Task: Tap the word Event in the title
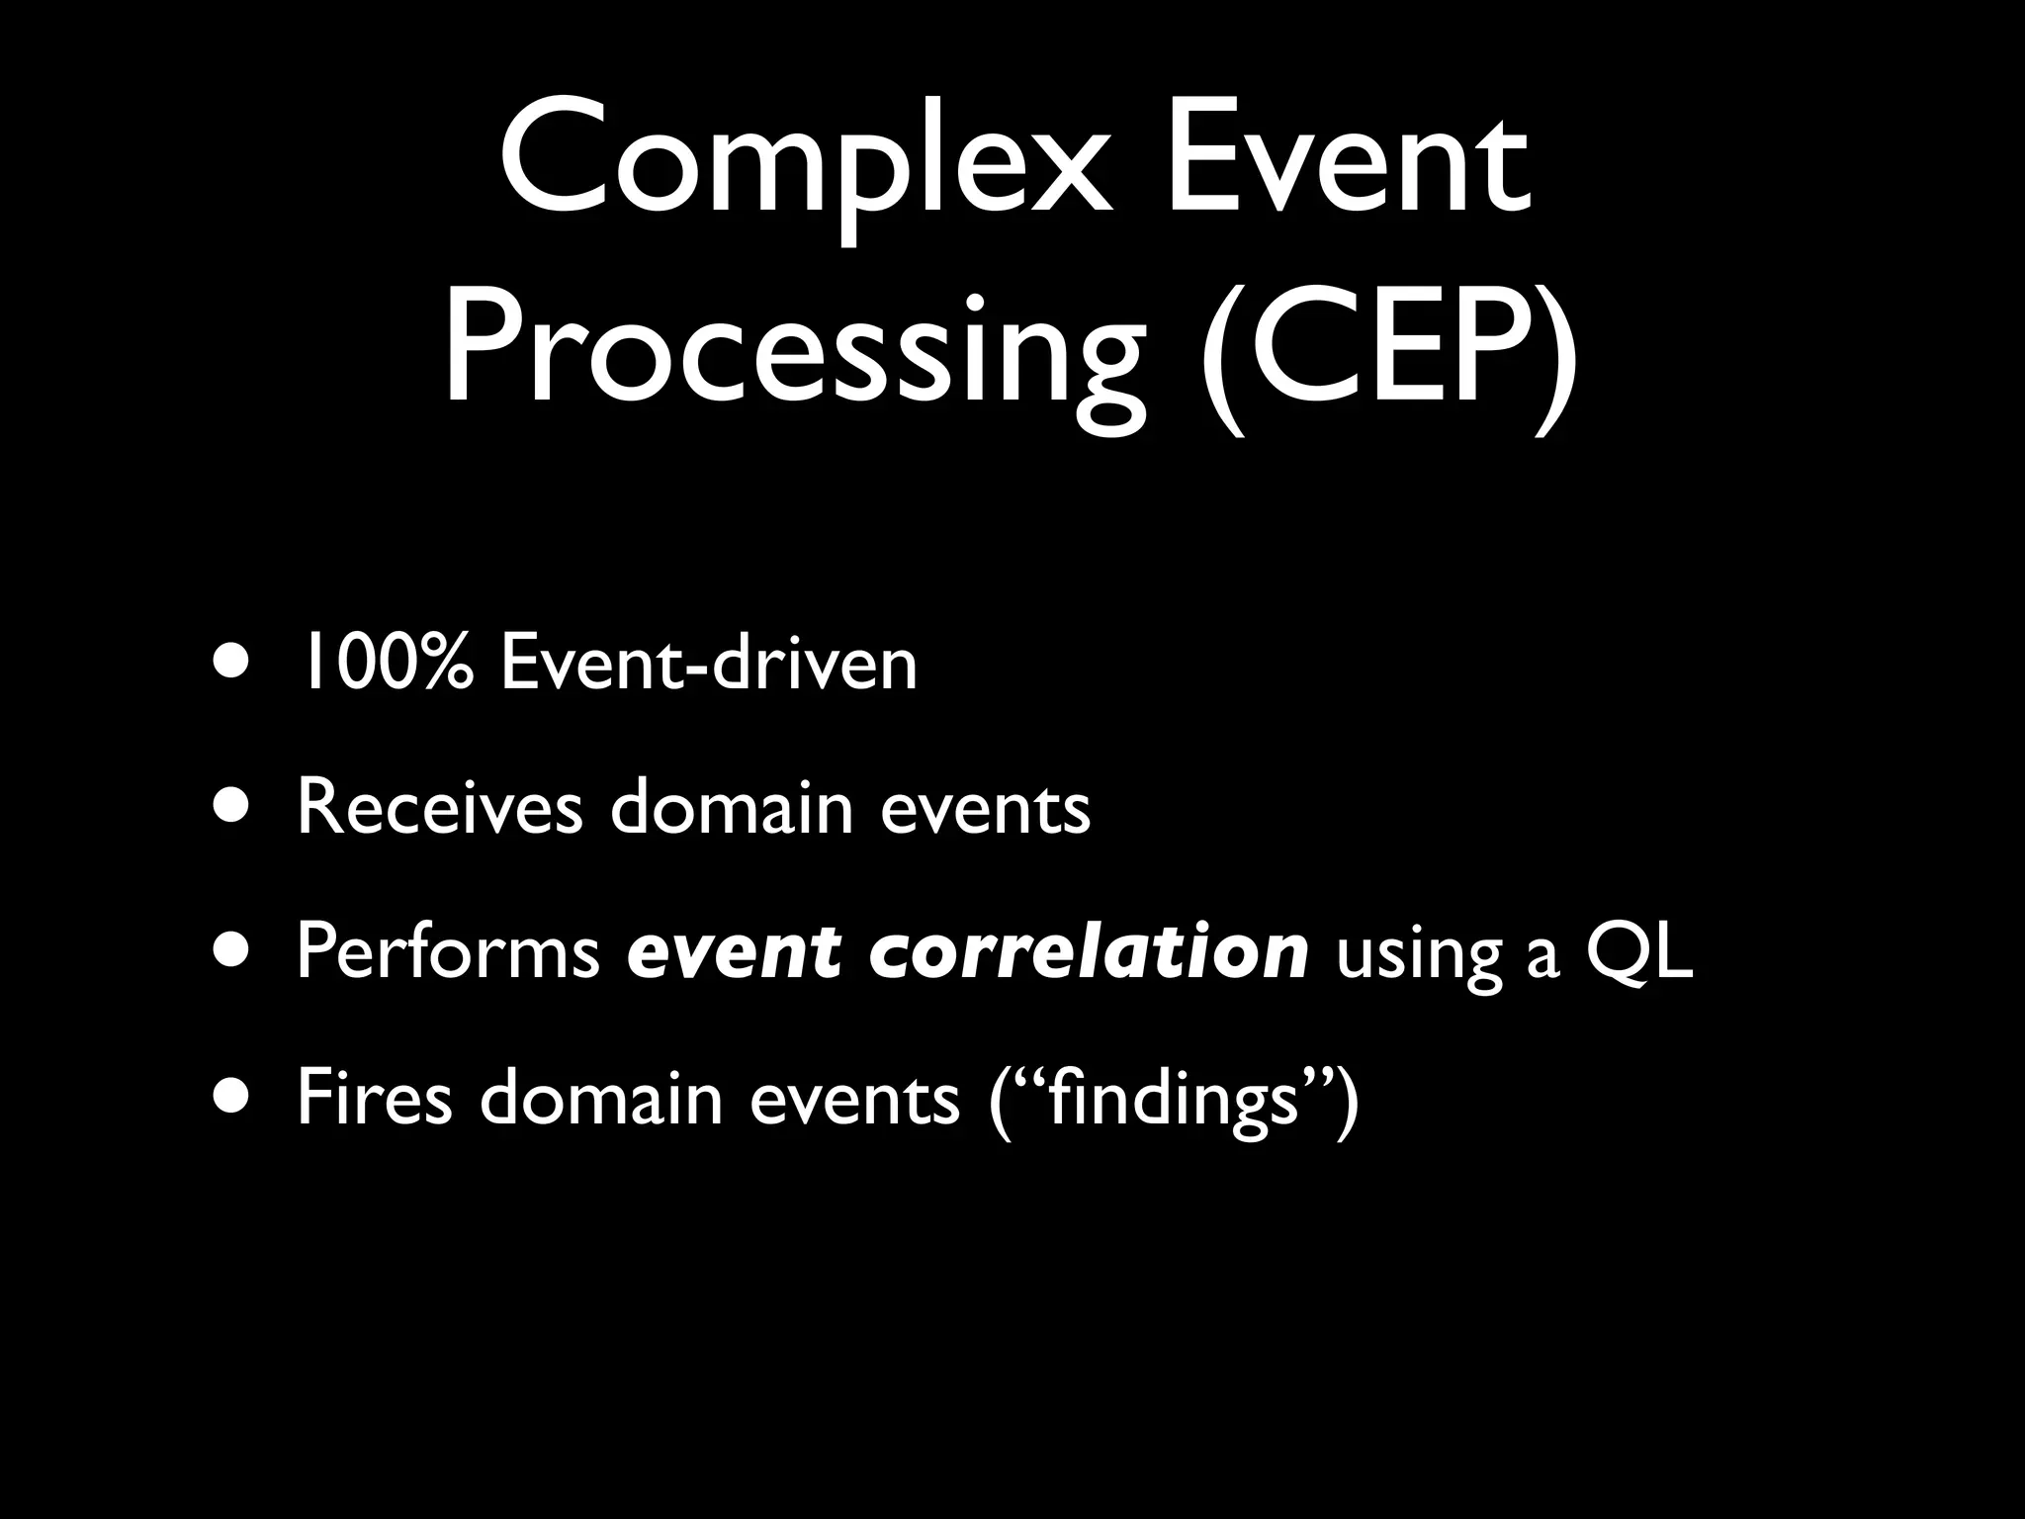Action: pos(1349,163)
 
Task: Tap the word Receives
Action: pos(439,807)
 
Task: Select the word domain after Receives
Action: pos(731,807)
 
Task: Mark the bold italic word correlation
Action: pos(1089,952)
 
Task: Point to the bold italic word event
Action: pos(733,952)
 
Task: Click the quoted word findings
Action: pos(1173,1097)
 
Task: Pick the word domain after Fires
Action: pos(601,1097)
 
